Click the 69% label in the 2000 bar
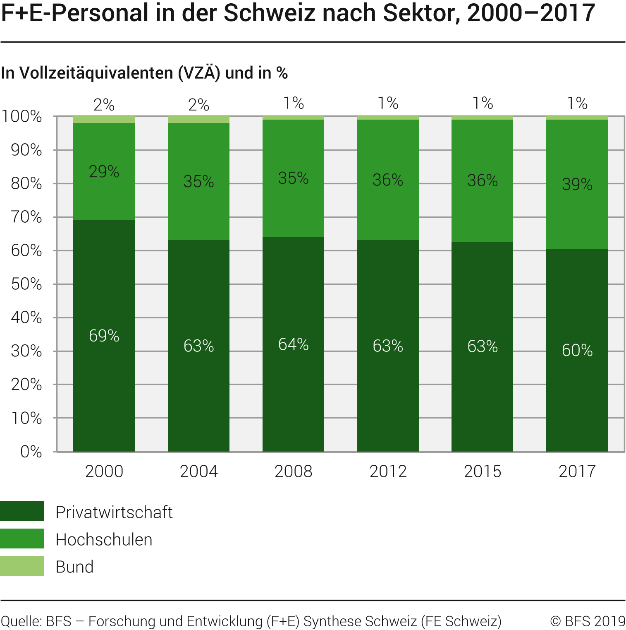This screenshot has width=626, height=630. pos(104,336)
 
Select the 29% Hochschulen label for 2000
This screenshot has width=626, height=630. pos(104,171)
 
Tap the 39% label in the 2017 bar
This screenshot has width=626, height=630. pos(577,184)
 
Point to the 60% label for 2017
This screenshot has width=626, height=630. pos(577,351)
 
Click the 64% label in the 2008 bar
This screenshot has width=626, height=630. pos(293,344)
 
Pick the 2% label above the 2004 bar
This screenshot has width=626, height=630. pos(198,105)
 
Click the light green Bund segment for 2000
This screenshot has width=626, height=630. pos(104,120)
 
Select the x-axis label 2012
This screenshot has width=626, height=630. pos(388,471)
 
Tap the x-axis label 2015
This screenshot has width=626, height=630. pos(482,471)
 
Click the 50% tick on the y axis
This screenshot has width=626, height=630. pos(26,284)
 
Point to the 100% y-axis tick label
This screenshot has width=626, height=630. pos(22,117)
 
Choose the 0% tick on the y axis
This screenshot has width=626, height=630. pos(31,452)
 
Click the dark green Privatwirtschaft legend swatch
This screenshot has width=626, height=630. pos(22,511)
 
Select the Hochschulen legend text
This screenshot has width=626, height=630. pos(104,540)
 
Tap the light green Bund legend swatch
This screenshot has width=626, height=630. pos(22,566)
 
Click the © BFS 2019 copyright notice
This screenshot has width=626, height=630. pos(588,621)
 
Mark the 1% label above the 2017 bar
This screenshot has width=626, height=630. pos(577,103)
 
